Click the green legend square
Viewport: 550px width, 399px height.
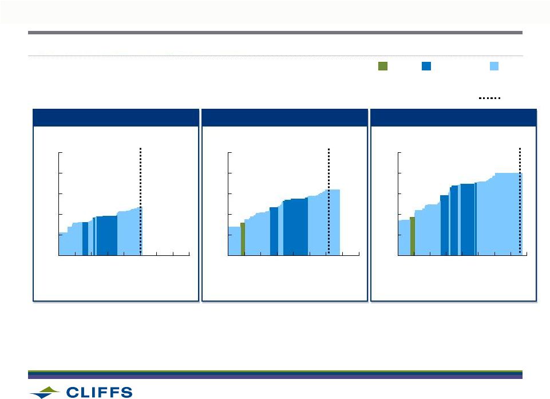[x=383, y=66]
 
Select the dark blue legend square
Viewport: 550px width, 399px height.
[x=426, y=66]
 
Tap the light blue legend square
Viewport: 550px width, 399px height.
[x=494, y=66]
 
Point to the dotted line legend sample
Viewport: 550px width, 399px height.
[x=489, y=98]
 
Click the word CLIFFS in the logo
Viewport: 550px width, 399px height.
[x=99, y=392]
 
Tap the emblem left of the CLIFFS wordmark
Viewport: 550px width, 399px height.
[x=45, y=392]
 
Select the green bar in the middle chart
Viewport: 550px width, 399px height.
[x=243, y=239]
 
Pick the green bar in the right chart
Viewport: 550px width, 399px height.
[x=412, y=236]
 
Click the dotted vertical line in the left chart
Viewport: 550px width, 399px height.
[x=140, y=201]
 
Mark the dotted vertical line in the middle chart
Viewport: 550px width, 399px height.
[x=329, y=201]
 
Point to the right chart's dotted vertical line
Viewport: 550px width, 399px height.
[x=520, y=201]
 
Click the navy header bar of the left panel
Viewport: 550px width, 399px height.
[x=116, y=117]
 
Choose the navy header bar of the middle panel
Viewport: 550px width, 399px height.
[x=285, y=117]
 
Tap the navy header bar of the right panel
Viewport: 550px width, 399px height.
[x=453, y=117]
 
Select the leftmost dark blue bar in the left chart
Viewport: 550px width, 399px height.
[x=85, y=239]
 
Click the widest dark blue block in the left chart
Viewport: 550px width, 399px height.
[x=106, y=235]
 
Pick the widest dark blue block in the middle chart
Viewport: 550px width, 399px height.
[x=295, y=227]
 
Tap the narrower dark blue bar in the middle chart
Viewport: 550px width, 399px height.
[x=274, y=231]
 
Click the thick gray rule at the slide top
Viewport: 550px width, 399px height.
[x=275, y=33]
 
